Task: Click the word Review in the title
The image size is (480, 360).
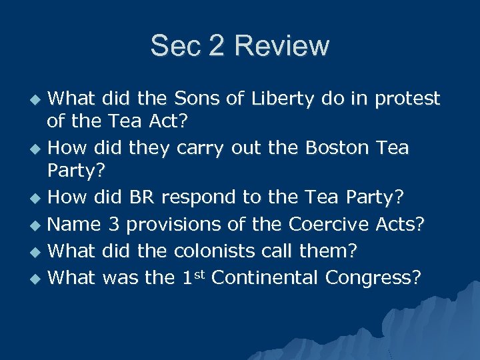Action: click(283, 46)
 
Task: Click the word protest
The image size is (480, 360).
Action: click(407, 99)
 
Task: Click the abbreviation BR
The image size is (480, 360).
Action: click(142, 197)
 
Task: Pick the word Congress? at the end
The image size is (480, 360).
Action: click(373, 277)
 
